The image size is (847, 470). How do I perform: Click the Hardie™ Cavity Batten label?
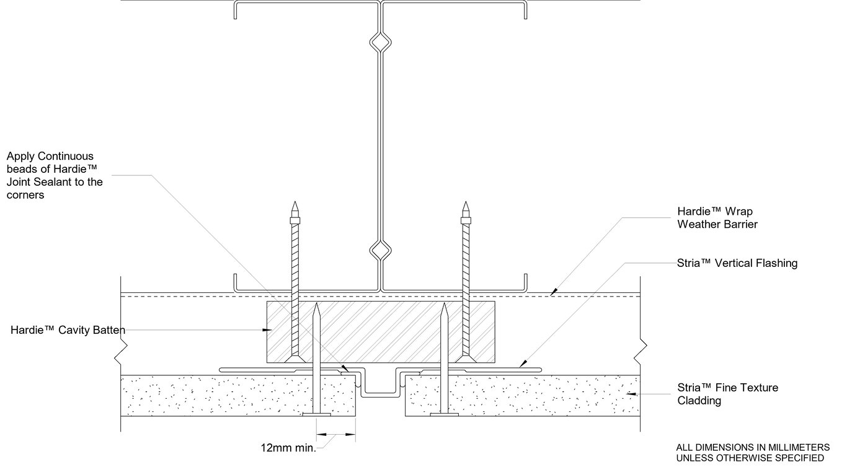coord(68,330)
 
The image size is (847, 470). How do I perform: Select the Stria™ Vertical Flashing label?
coord(737,263)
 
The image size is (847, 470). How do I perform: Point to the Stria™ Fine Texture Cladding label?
coord(727,394)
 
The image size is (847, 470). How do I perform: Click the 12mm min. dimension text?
coord(288,447)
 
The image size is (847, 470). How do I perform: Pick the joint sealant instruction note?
coord(55,175)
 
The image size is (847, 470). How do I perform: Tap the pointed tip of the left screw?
coord(295,204)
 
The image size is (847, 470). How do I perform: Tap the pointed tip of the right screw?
coord(464,204)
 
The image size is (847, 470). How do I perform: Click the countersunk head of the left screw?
coord(295,359)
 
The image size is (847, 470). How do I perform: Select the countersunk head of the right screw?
coord(464,359)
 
